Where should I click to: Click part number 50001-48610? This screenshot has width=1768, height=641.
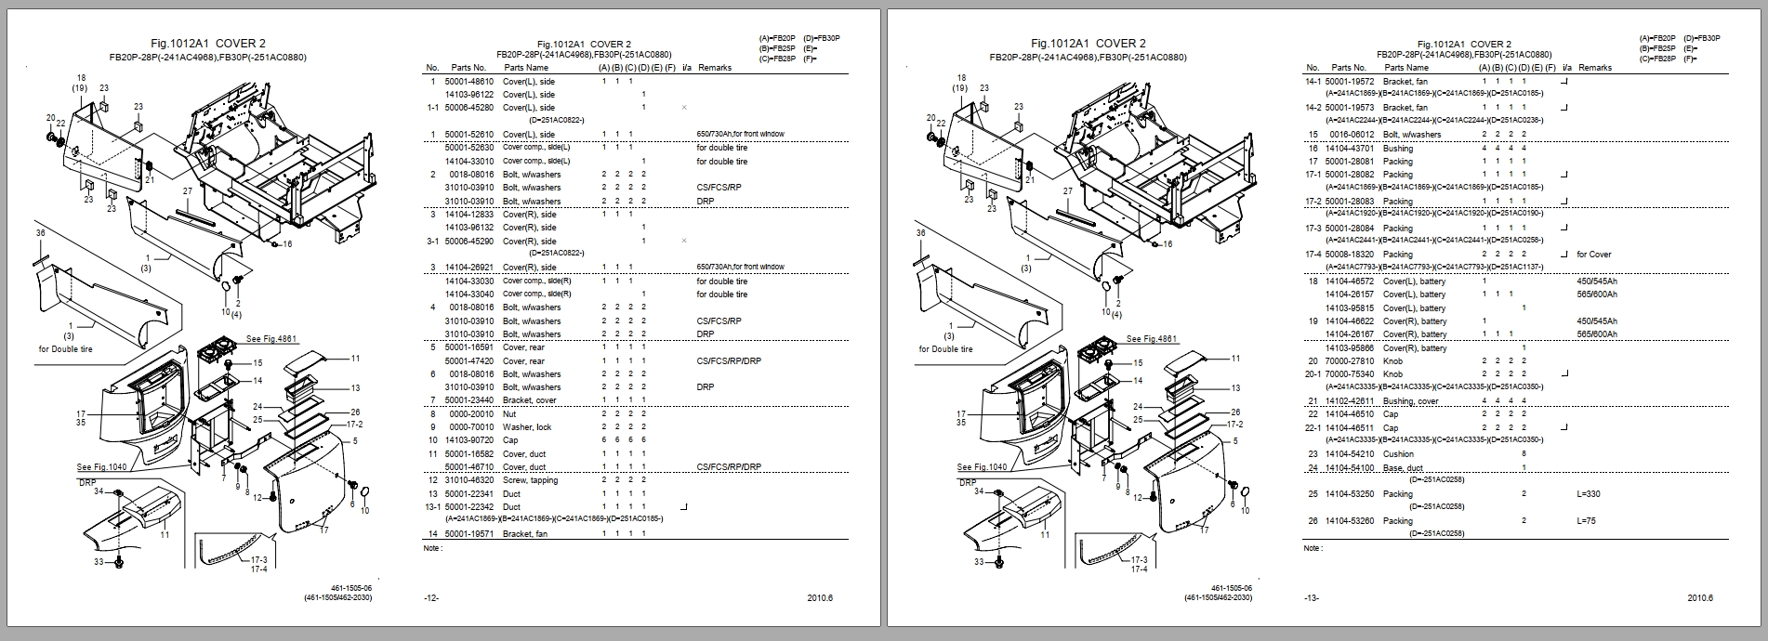coord(468,81)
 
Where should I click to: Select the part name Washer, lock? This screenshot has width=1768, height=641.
coord(526,427)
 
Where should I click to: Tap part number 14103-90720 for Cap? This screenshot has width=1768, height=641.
coord(468,440)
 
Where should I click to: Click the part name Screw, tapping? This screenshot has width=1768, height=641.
coord(530,480)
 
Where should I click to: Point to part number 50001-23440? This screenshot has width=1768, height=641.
coord(468,400)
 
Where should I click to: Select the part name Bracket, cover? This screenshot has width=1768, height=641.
coord(529,400)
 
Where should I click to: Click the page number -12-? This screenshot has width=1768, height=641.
coord(430,597)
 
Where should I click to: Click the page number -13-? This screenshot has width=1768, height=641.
coord(1311,597)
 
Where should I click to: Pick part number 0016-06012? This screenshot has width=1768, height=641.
coord(1349,135)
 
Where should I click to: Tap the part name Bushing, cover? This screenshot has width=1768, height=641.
coord(1410,401)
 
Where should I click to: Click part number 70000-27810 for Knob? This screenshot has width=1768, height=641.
coord(1349,360)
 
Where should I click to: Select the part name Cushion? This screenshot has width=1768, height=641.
coord(1398,454)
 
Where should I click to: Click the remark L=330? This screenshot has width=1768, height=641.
coord(1589,494)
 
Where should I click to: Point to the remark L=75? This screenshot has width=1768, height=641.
coord(1586,521)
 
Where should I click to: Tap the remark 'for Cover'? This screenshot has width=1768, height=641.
coord(1594,254)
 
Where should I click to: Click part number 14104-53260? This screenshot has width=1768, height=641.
coord(1349,521)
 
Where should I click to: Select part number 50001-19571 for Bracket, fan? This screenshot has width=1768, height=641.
coord(468,534)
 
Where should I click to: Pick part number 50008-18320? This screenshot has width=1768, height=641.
coord(1349,254)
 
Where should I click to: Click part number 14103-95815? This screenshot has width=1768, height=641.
coord(1349,307)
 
